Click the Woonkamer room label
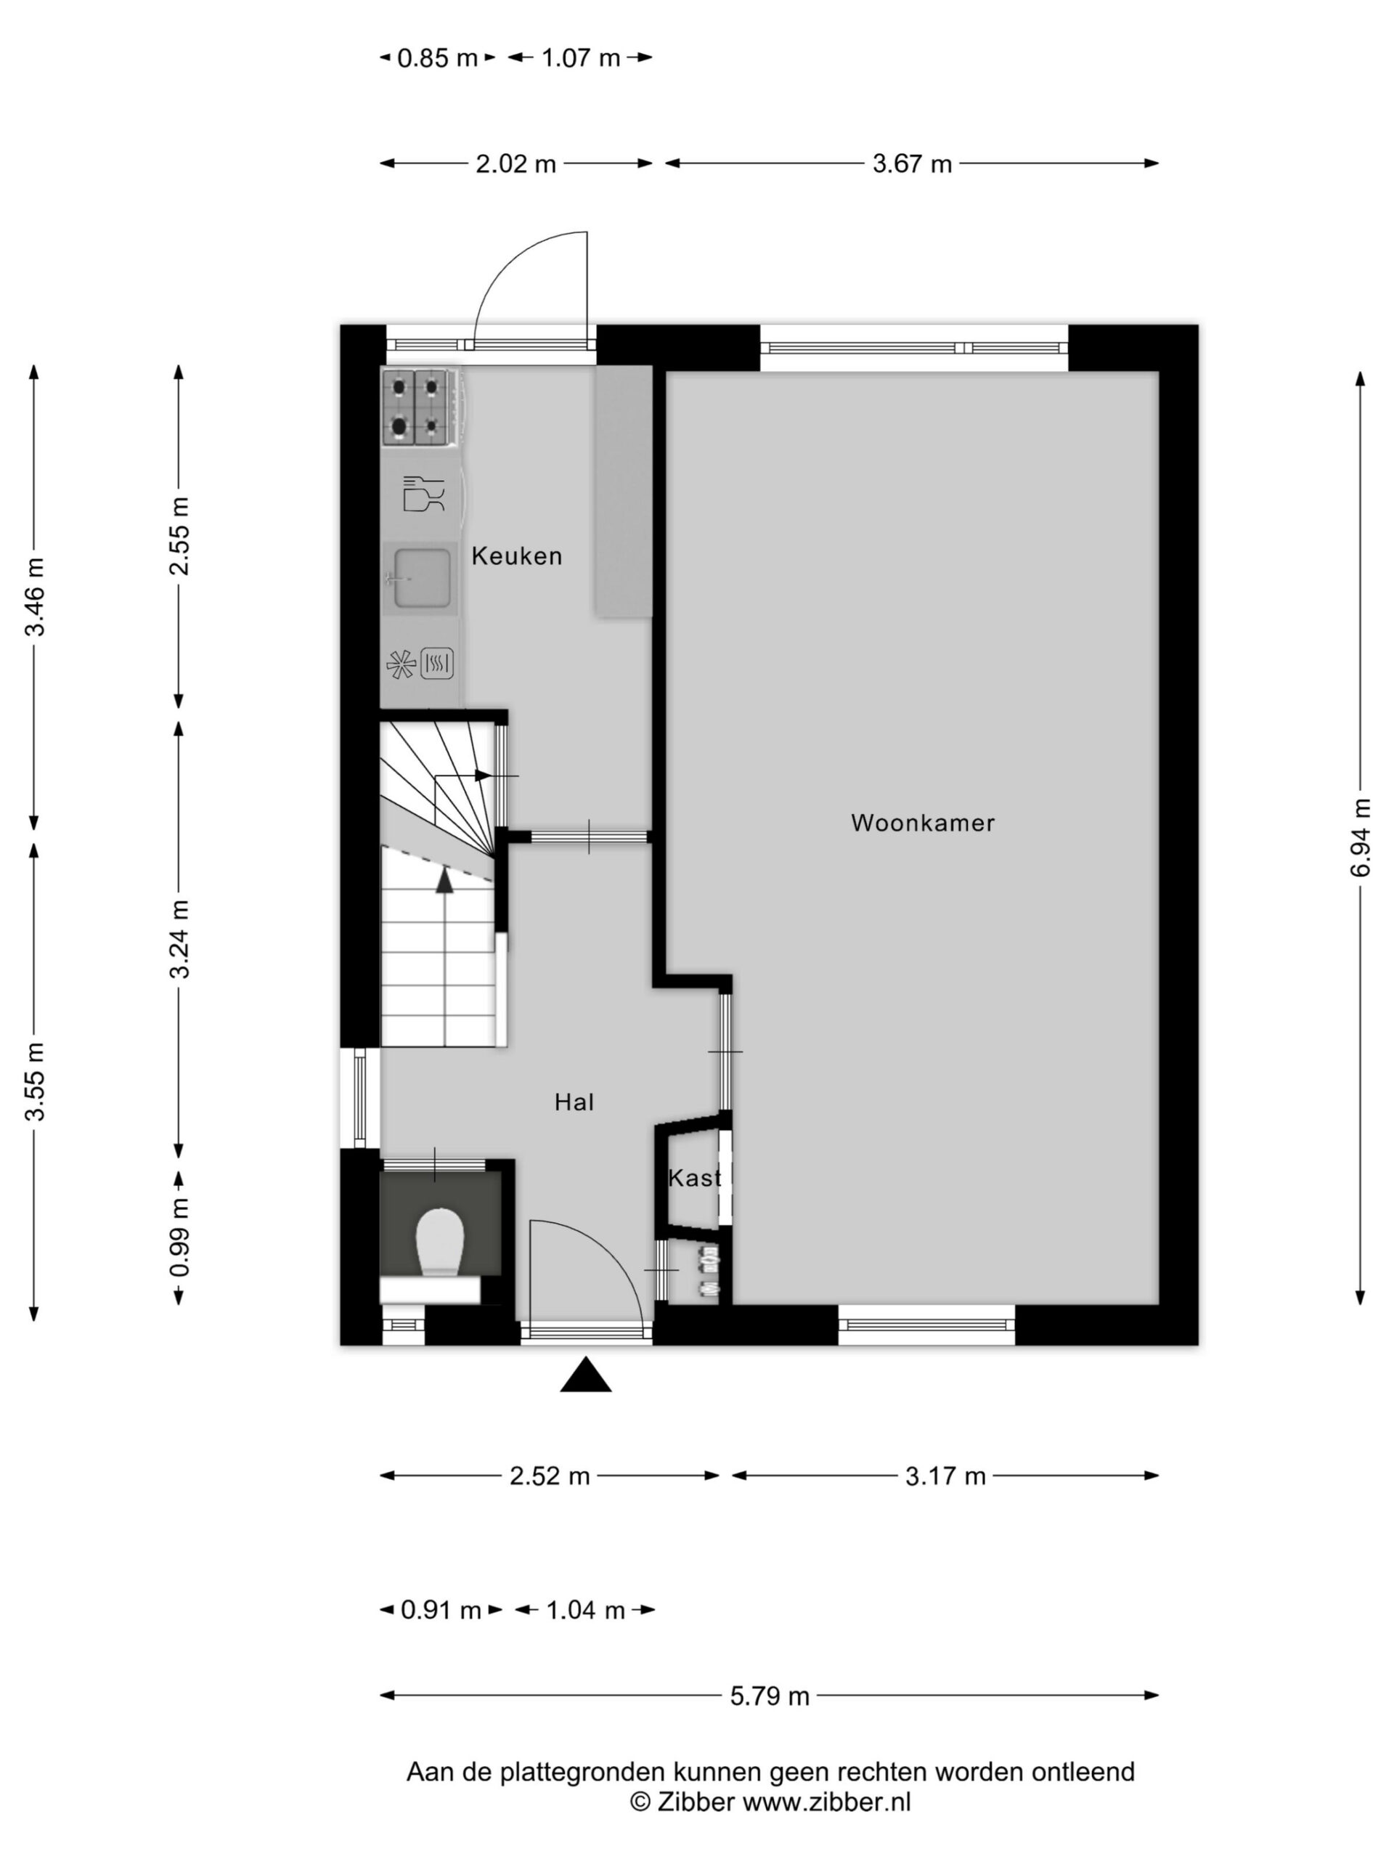922,823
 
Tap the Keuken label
516,556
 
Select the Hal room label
574,1102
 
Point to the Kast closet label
694,1177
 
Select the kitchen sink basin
421,577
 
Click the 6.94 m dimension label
1361,837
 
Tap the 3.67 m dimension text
912,163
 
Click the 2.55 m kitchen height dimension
179,536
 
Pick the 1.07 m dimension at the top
581,58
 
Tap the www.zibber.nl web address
827,1802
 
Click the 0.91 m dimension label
440,1610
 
